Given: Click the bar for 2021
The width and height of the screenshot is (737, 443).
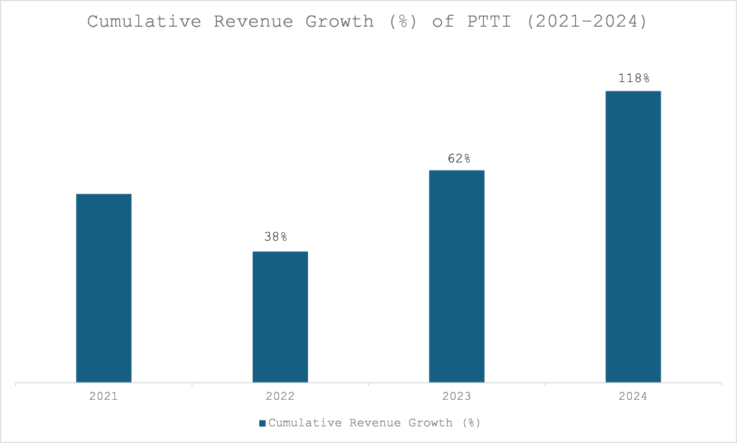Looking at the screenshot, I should (x=104, y=288).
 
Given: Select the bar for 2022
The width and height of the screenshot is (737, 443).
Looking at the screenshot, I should (x=280, y=316).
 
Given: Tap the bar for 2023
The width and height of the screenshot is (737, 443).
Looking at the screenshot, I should (x=456, y=276).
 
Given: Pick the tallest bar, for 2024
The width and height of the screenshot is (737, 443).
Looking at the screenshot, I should (x=633, y=237).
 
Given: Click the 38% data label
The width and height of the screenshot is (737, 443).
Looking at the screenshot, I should (x=275, y=237).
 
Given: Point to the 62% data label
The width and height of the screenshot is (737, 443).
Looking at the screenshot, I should (x=458, y=158).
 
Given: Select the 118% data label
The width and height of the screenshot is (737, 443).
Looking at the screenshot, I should (x=634, y=78).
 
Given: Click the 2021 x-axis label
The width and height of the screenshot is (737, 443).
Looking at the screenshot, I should (x=104, y=397).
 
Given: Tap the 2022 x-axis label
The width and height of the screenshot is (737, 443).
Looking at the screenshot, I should (x=280, y=397).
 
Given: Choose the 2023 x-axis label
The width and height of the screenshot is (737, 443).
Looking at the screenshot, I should (x=456, y=397).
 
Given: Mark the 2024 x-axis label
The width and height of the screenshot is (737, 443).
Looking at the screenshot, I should (x=633, y=397).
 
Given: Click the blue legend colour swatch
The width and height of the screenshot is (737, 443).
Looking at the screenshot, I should (x=263, y=423).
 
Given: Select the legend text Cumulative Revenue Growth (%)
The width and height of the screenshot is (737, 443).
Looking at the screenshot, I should (x=374, y=423).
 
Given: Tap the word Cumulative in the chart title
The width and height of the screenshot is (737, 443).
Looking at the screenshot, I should (x=144, y=21).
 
